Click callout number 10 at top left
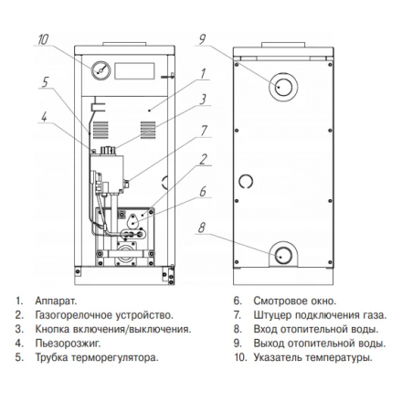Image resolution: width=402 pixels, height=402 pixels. tap(43, 39)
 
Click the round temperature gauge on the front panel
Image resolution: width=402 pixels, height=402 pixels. tap(100, 70)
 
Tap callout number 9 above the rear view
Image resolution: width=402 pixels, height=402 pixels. tap(202, 39)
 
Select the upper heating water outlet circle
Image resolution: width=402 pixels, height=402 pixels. tap(283, 87)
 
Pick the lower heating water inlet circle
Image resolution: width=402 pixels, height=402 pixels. tap(283, 255)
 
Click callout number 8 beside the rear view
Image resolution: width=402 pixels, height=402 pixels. tap(202, 227)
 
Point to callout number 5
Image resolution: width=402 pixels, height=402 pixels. tap(45, 82)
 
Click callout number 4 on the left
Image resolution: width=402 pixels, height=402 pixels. tap(45, 117)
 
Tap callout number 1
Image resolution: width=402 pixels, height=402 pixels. tap(203, 74)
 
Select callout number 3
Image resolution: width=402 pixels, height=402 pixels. tap(203, 100)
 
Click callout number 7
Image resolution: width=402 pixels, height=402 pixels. tap(204, 131)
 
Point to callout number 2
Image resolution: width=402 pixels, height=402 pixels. tap(204, 159)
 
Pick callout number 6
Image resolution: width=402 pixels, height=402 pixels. tap(203, 192)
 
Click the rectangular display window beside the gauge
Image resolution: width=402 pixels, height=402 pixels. tap(134, 71)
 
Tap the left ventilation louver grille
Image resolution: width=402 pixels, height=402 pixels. tap(100, 130)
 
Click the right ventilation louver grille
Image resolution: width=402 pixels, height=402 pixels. tap(148, 130)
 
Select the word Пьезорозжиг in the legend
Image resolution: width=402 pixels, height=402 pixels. tap(68, 344)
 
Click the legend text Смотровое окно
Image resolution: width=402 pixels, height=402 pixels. tap(295, 301)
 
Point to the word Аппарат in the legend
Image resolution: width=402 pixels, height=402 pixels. tap(56, 301)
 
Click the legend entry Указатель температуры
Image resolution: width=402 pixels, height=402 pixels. tap(312, 357)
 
